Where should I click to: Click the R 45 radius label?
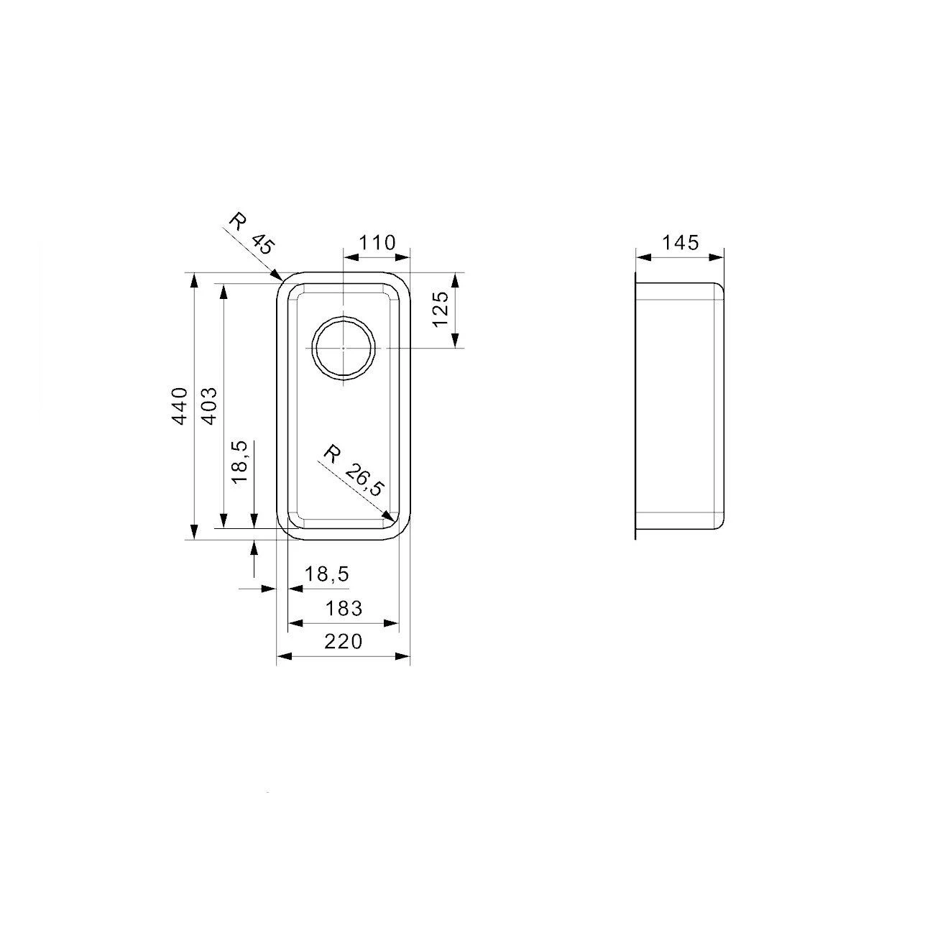click(x=251, y=234)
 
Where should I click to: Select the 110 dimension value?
click(x=377, y=243)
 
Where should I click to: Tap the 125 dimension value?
click(x=441, y=309)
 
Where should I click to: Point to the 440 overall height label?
click(x=180, y=406)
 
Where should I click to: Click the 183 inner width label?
click(x=343, y=608)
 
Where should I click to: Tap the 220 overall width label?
click(x=343, y=641)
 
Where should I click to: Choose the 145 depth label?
click(x=680, y=243)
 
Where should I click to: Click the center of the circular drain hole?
click(x=344, y=348)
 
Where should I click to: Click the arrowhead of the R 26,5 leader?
click(x=390, y=516)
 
